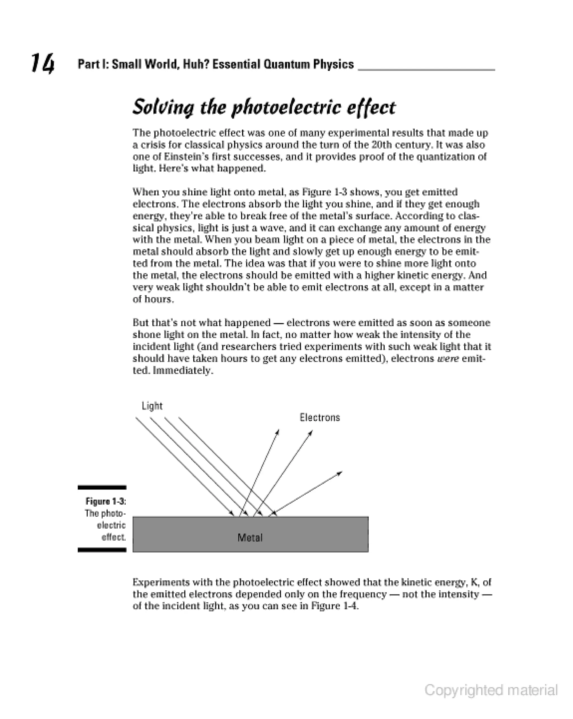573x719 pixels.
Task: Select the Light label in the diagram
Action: coord(152,406)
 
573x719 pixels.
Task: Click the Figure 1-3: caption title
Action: coord(106,501)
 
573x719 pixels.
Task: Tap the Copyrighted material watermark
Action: coord(491,690)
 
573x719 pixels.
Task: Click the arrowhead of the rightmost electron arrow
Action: coord(340,473)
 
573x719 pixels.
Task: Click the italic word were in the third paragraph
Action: coord(447,358)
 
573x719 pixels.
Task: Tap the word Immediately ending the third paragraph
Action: coord(183,370)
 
